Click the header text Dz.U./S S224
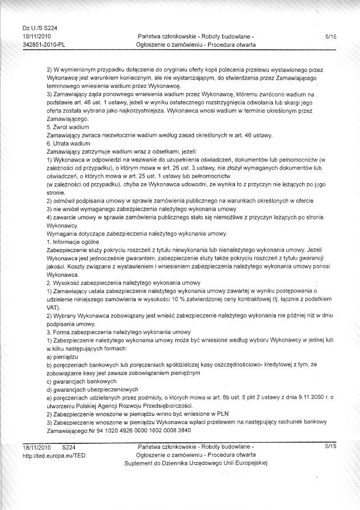[x=39, y=27]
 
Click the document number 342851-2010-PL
[x=44, y=44]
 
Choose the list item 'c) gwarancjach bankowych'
[x=82, y=381]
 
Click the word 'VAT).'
[x=53, y=306]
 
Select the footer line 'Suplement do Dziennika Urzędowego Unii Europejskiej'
[x=195, y=462]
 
